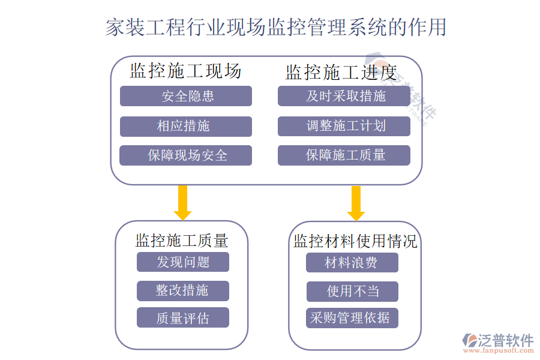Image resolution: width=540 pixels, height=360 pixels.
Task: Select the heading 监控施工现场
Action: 185,71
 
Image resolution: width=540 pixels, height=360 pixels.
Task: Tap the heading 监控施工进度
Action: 341,73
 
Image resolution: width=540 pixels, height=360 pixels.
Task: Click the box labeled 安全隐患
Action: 186,96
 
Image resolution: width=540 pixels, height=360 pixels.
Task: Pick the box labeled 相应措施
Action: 186,126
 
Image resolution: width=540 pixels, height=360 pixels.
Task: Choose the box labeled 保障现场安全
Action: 186,155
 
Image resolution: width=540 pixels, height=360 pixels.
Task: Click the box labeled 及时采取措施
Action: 344,96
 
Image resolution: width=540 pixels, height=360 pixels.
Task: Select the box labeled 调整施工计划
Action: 344,126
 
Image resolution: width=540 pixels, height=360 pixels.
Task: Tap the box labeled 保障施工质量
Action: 344,155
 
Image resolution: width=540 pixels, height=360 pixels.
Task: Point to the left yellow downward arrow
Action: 183,202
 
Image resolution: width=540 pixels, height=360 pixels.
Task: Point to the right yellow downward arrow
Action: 356,202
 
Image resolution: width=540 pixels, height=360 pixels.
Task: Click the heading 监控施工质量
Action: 182,241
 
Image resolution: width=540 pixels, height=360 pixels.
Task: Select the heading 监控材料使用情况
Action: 355,241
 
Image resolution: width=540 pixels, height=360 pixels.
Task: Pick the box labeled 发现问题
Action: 183,262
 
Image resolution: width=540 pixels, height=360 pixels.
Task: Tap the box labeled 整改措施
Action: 183,290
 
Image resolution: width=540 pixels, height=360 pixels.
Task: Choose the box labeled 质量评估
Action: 183,318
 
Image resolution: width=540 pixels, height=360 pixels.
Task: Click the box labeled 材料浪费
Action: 352,263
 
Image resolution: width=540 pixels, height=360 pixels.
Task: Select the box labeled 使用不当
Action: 352,291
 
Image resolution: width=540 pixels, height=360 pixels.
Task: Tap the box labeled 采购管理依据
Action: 352,318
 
